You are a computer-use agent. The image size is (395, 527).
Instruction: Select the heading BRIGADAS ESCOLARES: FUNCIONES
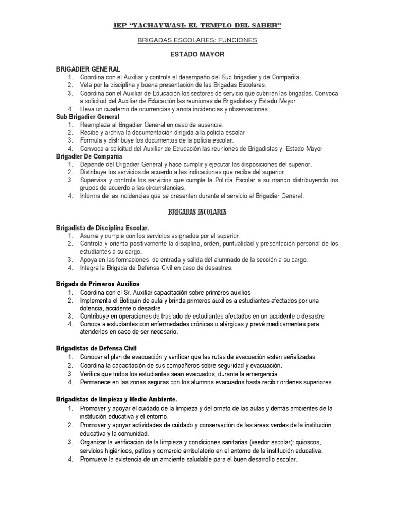tap(197, 40)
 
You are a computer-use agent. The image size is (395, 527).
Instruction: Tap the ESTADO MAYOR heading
tap(197, 54)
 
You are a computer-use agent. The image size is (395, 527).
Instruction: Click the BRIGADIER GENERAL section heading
tap(88, 68)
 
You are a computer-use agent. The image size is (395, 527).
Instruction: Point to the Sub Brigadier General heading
tap(87, 117)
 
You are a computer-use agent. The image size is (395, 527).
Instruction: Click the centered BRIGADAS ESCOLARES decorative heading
tap(197, 212)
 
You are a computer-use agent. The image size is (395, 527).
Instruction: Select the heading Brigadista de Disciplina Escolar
tap(102, 227)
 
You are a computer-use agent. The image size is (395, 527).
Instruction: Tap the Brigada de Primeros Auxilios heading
tap(98, 284)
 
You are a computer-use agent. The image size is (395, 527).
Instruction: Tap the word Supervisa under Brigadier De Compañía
tap(95, 180)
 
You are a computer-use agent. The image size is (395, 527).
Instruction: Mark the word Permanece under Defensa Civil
tap(97, 382)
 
